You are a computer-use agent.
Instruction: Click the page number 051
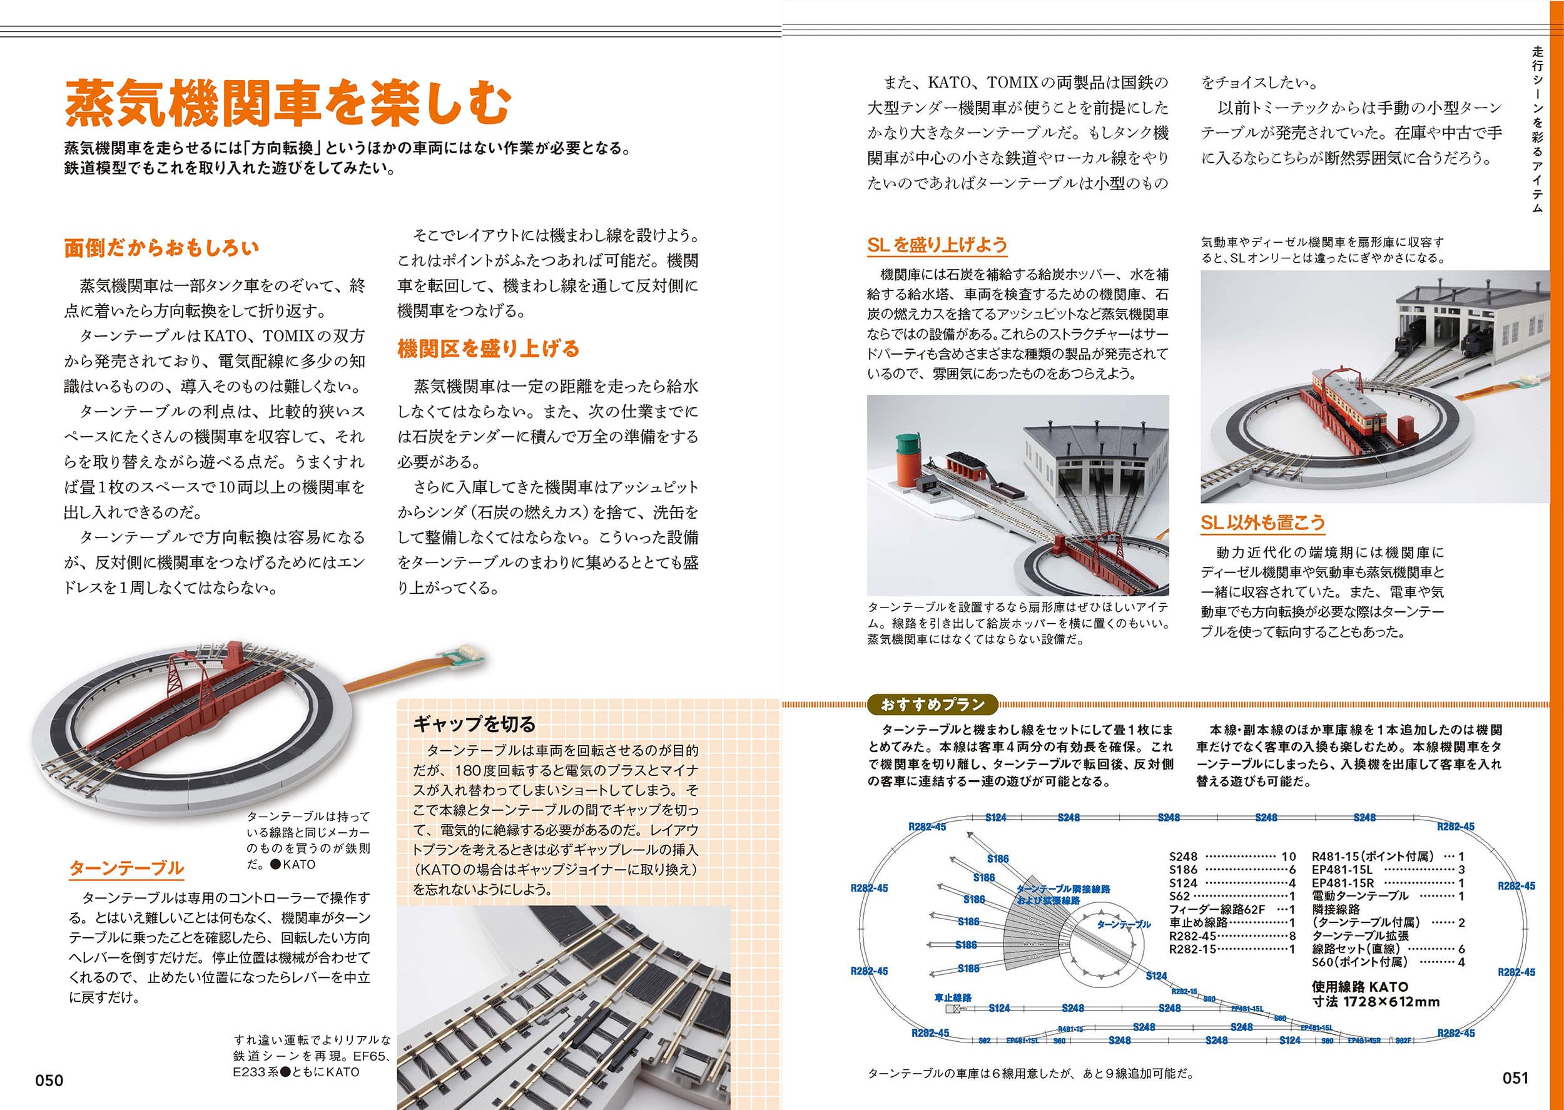click(x=1515, y=1078)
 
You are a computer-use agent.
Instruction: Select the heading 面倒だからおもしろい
click(x=161, y=247)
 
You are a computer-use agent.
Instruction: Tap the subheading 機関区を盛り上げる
click(x=488, y=349)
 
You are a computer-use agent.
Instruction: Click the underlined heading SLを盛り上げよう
click(x=937, y=245)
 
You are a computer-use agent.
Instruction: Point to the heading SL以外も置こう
click(x=1262, y=522)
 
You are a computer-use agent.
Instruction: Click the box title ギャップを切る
click(x=474, y=724)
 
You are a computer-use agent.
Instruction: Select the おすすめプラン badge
click(x=932, y=704)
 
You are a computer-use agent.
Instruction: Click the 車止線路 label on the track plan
click(x=952, y=998)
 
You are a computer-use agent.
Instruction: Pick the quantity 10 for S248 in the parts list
click(x=1288, y=857)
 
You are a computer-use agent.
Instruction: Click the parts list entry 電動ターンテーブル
click(x=1359, y=895)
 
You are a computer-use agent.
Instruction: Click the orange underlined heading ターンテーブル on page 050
click(x=126, y=868)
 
